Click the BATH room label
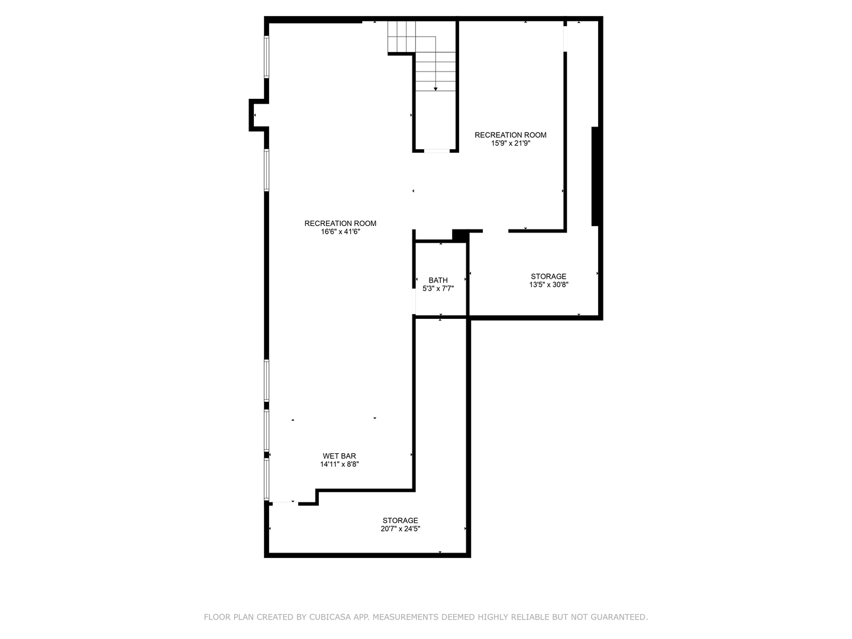[438, 280]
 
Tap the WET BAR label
[339, 456]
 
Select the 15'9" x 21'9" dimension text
[511, 143]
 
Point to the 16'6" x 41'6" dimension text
[340, 231]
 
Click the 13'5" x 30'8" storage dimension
[548, 285]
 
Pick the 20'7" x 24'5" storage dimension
[400, 528]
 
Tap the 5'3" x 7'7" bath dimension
[438, 288]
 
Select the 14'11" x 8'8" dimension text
[339, 464]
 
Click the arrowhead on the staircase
[435, 89]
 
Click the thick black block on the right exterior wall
[595, 176]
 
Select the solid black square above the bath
[459, 235]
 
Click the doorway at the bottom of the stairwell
[436, 150]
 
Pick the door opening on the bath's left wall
[414, 301]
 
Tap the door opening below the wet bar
[285, 503]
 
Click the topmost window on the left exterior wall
[267, 57]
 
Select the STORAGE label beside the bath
[548, 276]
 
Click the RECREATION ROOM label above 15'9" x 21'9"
[511, 135]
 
